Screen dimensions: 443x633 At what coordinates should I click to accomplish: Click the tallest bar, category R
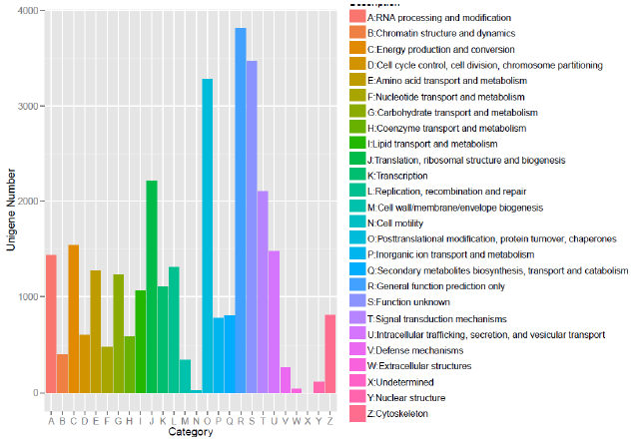[241, 211]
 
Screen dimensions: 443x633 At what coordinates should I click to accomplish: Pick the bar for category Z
[330, 354]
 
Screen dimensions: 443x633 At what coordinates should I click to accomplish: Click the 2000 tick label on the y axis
[25, 202]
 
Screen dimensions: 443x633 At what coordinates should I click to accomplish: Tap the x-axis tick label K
[162, 420]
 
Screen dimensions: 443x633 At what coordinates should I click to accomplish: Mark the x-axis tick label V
[286, 420]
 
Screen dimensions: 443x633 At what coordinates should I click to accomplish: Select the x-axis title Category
[190, 432]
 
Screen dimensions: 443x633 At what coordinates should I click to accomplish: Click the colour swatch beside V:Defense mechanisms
[356, 350]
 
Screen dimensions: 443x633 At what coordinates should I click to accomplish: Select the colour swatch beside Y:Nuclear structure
[356, 399]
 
